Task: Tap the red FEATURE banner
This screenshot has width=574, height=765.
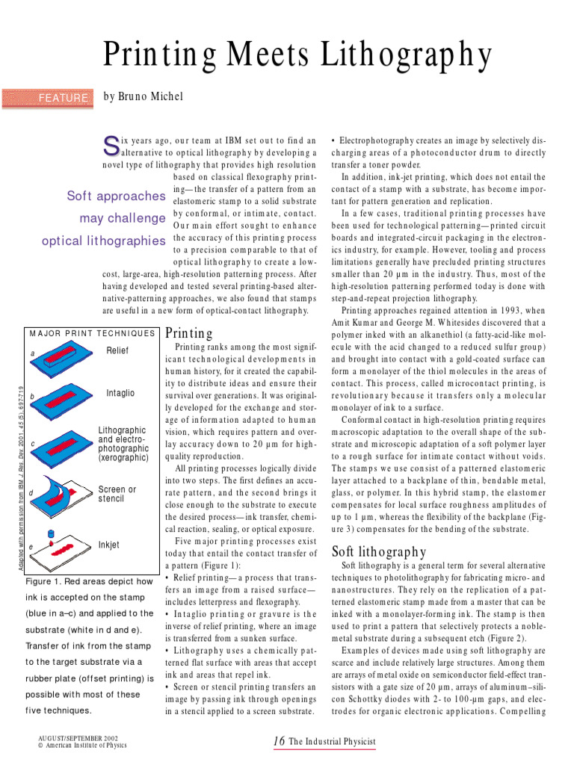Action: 49,97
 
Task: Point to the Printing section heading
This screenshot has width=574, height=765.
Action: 189,333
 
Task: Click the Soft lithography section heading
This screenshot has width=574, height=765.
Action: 378,552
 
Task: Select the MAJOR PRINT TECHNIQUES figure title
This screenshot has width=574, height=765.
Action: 93,333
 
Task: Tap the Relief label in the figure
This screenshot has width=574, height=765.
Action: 117,350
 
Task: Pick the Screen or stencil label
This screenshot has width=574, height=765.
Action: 117,495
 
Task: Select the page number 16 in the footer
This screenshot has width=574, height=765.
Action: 280,741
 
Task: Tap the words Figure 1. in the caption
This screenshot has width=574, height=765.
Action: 47,581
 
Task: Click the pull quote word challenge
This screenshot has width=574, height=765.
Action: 123,219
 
